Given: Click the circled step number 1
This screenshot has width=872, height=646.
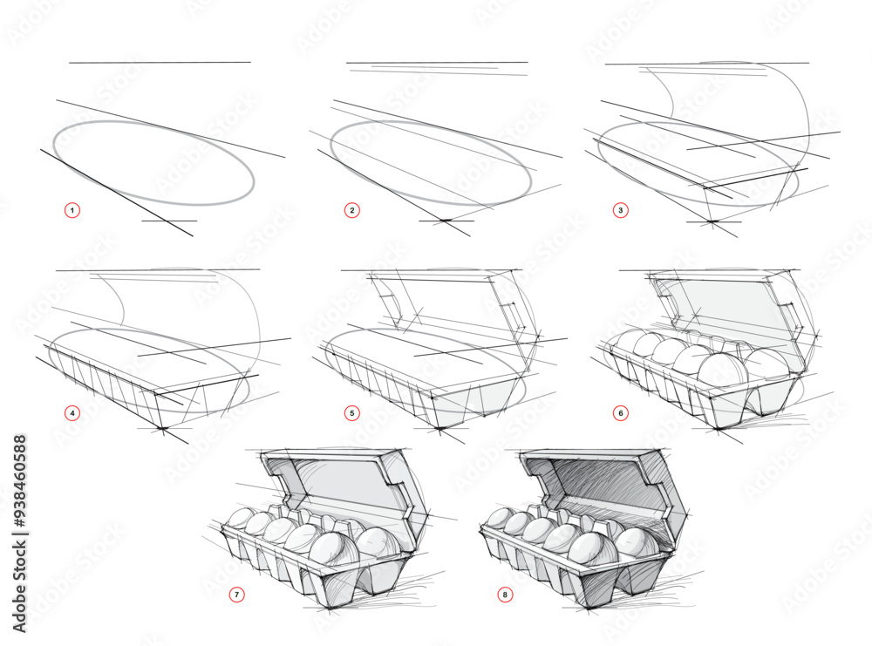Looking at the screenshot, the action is pyautogui.click(x=72, y=210).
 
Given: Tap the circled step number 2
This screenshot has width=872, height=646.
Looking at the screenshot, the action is pyautogui.click(x=352, y=210).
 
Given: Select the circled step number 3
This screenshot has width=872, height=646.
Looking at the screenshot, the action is pyautogui.click(x=621, y=210).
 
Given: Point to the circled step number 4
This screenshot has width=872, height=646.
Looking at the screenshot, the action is pyautogui.click(x=72, y=413).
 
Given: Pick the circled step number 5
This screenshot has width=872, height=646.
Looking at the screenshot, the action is pyautogui.click(x=352, y=413).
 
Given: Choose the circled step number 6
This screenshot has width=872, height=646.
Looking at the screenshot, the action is pyautogui.click(x=621, y=413).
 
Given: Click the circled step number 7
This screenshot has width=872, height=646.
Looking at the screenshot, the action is pyautogui.click(x=237, y=595).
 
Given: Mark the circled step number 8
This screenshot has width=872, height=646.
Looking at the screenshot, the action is pyautogui.click(x=505, y=595).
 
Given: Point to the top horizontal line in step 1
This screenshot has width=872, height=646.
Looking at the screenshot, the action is pyautogui.click(x=160, y=63).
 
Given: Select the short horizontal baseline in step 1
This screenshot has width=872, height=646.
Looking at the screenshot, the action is pyautogui.click(x=169, y=221).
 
